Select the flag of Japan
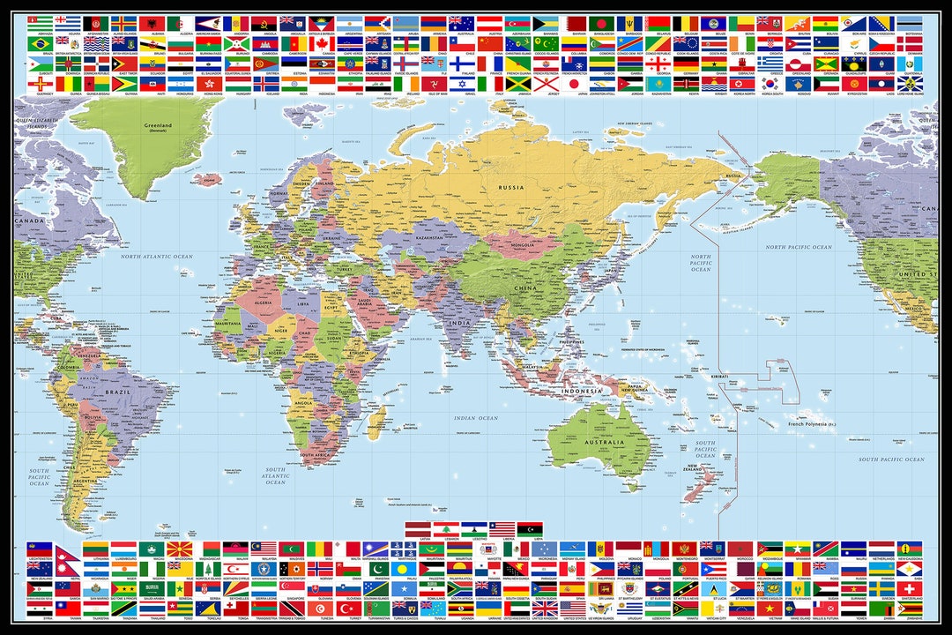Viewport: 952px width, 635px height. (x=575, y=84)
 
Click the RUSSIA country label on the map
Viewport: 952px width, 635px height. (x=511, y=187)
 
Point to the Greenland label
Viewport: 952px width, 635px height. (x=159, y=127)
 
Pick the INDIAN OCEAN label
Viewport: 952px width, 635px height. (x=475, y=418)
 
